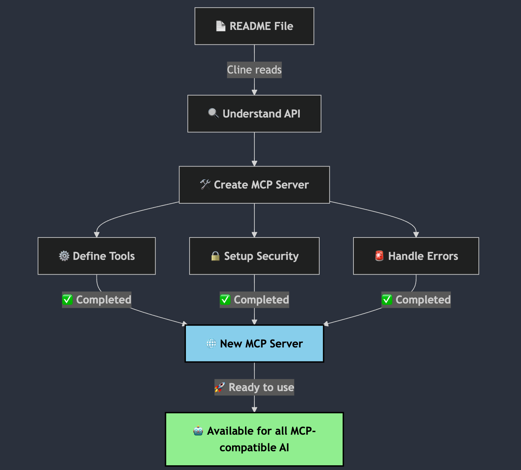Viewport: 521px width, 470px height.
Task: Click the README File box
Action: click(254, 26)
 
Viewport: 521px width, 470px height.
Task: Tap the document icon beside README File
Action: click(221, 26)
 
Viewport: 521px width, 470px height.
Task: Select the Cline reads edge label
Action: click(254, 70)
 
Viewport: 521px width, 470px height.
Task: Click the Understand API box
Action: click(254, 114)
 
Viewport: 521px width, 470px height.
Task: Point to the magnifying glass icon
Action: click(213, 113)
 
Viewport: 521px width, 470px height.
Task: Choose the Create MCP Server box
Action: click(254, 185)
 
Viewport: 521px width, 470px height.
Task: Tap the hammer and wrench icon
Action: click(205, 185)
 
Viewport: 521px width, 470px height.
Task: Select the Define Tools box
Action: click(97, 256)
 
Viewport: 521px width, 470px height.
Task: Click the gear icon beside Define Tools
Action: click(64, 256)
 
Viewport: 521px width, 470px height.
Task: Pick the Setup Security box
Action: click(254, 256)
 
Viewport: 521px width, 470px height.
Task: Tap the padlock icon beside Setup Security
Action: click(215, 256)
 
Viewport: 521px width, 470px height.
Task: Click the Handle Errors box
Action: click(416, 256)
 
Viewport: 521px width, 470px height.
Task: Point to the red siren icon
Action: click(379, 256)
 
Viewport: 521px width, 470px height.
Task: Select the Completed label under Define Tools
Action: click(97, 300)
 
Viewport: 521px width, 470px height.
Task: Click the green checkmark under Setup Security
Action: click(225, 300)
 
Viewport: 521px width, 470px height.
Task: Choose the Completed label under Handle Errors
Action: click(416, 300)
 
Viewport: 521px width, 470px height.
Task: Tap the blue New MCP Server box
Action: click(254, 343)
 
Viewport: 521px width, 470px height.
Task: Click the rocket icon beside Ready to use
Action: click(219, 387)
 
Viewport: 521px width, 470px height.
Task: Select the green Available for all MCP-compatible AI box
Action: click(254, 439)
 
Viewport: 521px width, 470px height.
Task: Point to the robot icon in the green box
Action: click(198, 431)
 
